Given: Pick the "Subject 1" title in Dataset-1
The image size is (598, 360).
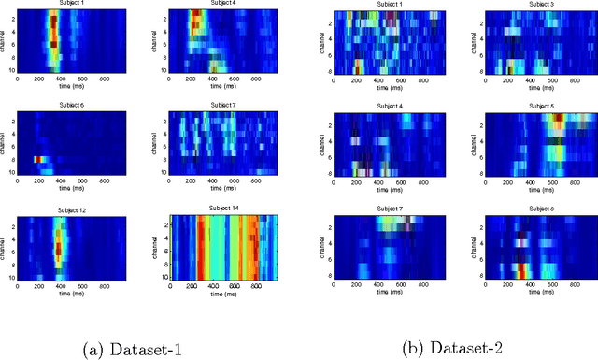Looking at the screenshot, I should pyautogui.click(x=64, y=4).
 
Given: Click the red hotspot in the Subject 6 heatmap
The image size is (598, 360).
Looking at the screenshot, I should pyautogui.click(x=39, y=160).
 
